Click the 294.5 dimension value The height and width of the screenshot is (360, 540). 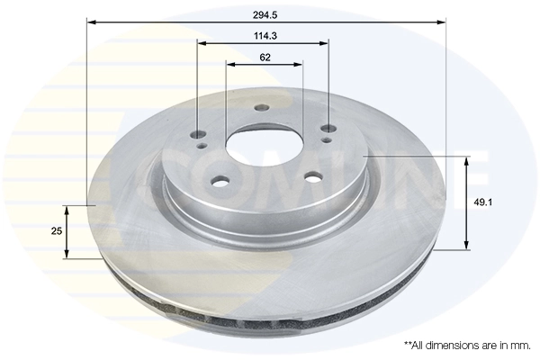pos(265,15)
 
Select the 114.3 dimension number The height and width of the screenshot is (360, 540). pos(265,36)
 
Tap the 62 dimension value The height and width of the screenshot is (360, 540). pos(265,58)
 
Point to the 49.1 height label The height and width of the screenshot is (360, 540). pos(482,202)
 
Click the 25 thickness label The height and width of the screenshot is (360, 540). pos(57,231)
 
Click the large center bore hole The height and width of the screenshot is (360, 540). pos(264,146)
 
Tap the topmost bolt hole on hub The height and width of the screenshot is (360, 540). pos(261,108)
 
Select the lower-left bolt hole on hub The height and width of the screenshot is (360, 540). pos(220,181)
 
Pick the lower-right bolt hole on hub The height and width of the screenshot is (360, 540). pos(313,176)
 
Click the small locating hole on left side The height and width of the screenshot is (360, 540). pos(202,146)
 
